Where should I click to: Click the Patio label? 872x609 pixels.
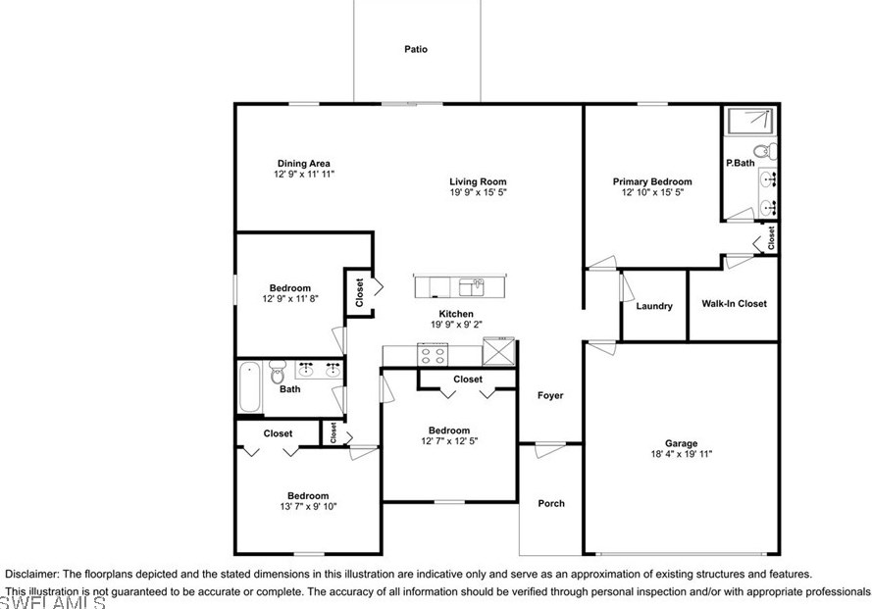click(416, 49)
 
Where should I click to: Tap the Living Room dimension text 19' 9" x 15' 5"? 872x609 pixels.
click(479, 192)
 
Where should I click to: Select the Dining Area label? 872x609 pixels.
click(304, 164)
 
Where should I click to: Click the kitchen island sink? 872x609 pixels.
click(472, 287)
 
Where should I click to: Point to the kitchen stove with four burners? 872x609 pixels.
click(433, 355)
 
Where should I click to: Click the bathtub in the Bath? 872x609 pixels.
click(250, 387)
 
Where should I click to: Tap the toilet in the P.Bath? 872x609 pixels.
click(766, 151)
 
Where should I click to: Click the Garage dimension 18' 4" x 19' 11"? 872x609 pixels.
click(682, 454)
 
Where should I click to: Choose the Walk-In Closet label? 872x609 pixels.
click(734, 304)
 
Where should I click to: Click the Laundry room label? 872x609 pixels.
click(654, 306)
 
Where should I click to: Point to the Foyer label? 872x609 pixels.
click(550, 395)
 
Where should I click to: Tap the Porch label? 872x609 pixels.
click(551, 503)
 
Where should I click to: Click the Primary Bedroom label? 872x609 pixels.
click(652, 181)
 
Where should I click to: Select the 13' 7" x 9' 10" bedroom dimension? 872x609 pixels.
click(308, 506)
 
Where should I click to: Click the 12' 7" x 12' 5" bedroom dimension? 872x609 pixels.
click(449, 441)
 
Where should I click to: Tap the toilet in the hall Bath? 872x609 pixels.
click(277, 372)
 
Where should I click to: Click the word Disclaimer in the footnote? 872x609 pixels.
click(31, 574)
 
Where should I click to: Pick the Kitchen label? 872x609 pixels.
click(456, 314)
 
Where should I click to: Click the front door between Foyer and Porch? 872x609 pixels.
click(550, 449)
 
